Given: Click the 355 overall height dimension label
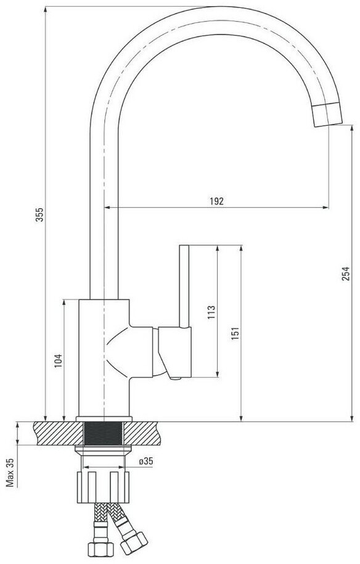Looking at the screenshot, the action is [39, 215].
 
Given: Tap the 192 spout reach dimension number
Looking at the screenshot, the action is [217, 201].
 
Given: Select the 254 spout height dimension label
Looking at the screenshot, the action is [345, 274].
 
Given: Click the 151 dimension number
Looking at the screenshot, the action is [235, 334].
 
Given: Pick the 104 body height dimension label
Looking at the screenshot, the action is [59, 361].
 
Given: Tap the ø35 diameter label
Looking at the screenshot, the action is [145, 461].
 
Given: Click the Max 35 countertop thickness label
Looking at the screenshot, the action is [10, 472].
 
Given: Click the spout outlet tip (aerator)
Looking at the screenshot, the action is [327, 113].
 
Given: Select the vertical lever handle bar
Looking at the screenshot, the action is [184, 287].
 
